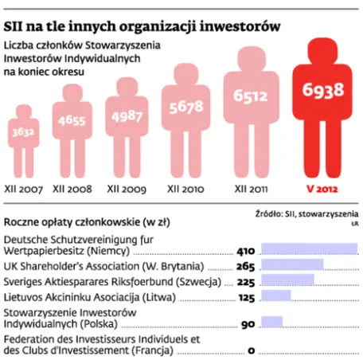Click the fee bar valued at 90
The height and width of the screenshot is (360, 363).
tap(271, 323)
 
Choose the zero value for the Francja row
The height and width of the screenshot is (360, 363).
tap(251, 350)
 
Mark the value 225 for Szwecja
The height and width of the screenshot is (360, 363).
tap(246, 281)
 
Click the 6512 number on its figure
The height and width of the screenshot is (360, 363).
tap(252, 96)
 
